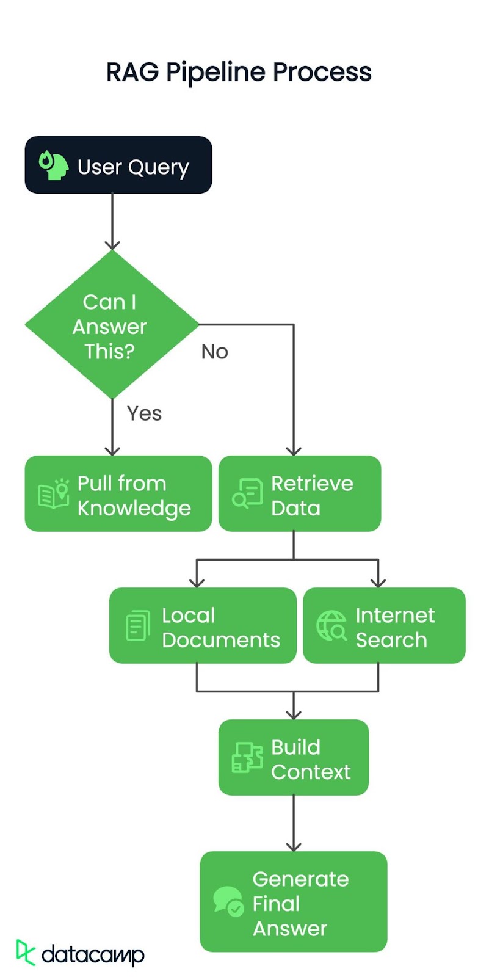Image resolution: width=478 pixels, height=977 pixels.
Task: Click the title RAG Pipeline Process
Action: pyautogui.click(x=239, y=72)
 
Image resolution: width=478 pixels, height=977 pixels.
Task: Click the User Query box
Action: pyautogui.click(x=118, y=165)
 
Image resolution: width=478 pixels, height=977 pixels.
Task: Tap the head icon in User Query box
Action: pyautogui.click(x=54, y=165)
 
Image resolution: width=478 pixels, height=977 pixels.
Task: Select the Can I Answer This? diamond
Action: pyautogui.click(x=111, y=325)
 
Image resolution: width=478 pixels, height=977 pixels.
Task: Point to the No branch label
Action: pyautogui.click(x=214, y=352)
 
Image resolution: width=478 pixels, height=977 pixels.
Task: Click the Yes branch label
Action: pyautogui.click(x=144, y=413)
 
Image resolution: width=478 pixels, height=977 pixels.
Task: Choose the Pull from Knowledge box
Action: pyautogui.click(x=118, y=493)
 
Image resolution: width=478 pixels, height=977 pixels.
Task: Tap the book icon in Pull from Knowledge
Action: pyautogui.click(x=53, y=494)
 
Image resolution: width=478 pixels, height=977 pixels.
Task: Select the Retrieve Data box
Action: pyautogui.click(x=300, y=493)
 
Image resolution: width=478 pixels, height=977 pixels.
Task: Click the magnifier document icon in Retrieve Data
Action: pyautogui.click(x=247, y=494)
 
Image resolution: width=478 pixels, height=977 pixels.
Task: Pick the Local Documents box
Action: pyautogui.click(x=203, y=625)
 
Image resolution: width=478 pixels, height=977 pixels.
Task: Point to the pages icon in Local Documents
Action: pyautogui.click(x=138, y=626)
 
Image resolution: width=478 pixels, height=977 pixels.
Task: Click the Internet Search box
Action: pyautogui.click(x=384, y=625)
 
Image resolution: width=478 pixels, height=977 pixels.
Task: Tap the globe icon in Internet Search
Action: pyautogui.click(x=331, y=626)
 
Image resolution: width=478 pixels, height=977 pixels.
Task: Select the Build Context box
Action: pyautogui.click(x=294, y=757)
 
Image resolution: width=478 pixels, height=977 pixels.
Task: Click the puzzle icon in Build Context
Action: pyautogui.click(x=247, y=758)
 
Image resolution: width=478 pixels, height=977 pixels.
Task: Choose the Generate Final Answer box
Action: pyautogui.click(x=294, y=902)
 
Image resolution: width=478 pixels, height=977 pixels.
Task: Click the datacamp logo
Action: pyautogui.click(x=81, y=953)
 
